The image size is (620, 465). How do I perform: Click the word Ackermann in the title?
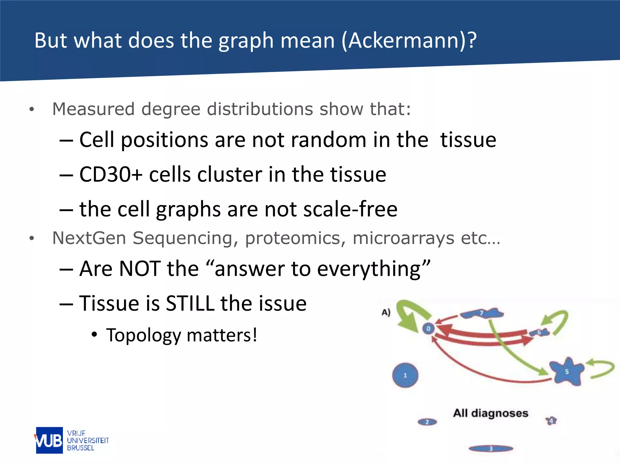click(x=405, y=40)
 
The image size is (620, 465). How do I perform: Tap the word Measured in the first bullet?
click(x=93, y=109)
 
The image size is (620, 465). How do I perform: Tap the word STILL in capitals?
click(x=190, y=303)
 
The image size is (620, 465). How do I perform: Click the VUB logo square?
click(x=49, y=440)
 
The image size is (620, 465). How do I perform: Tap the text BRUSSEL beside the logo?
click(x=81, y=448)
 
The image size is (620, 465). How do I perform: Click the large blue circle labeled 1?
click(x=405, y=375)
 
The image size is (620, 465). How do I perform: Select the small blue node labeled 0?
click(x=428, y=328)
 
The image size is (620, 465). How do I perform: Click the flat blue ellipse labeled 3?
click(x=491, y=448)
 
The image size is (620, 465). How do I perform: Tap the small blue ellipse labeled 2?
click(x=427, y=422)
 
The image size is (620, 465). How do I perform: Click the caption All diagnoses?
click(x=490, y=413)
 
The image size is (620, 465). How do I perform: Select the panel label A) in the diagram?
click(x=386, y=312)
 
